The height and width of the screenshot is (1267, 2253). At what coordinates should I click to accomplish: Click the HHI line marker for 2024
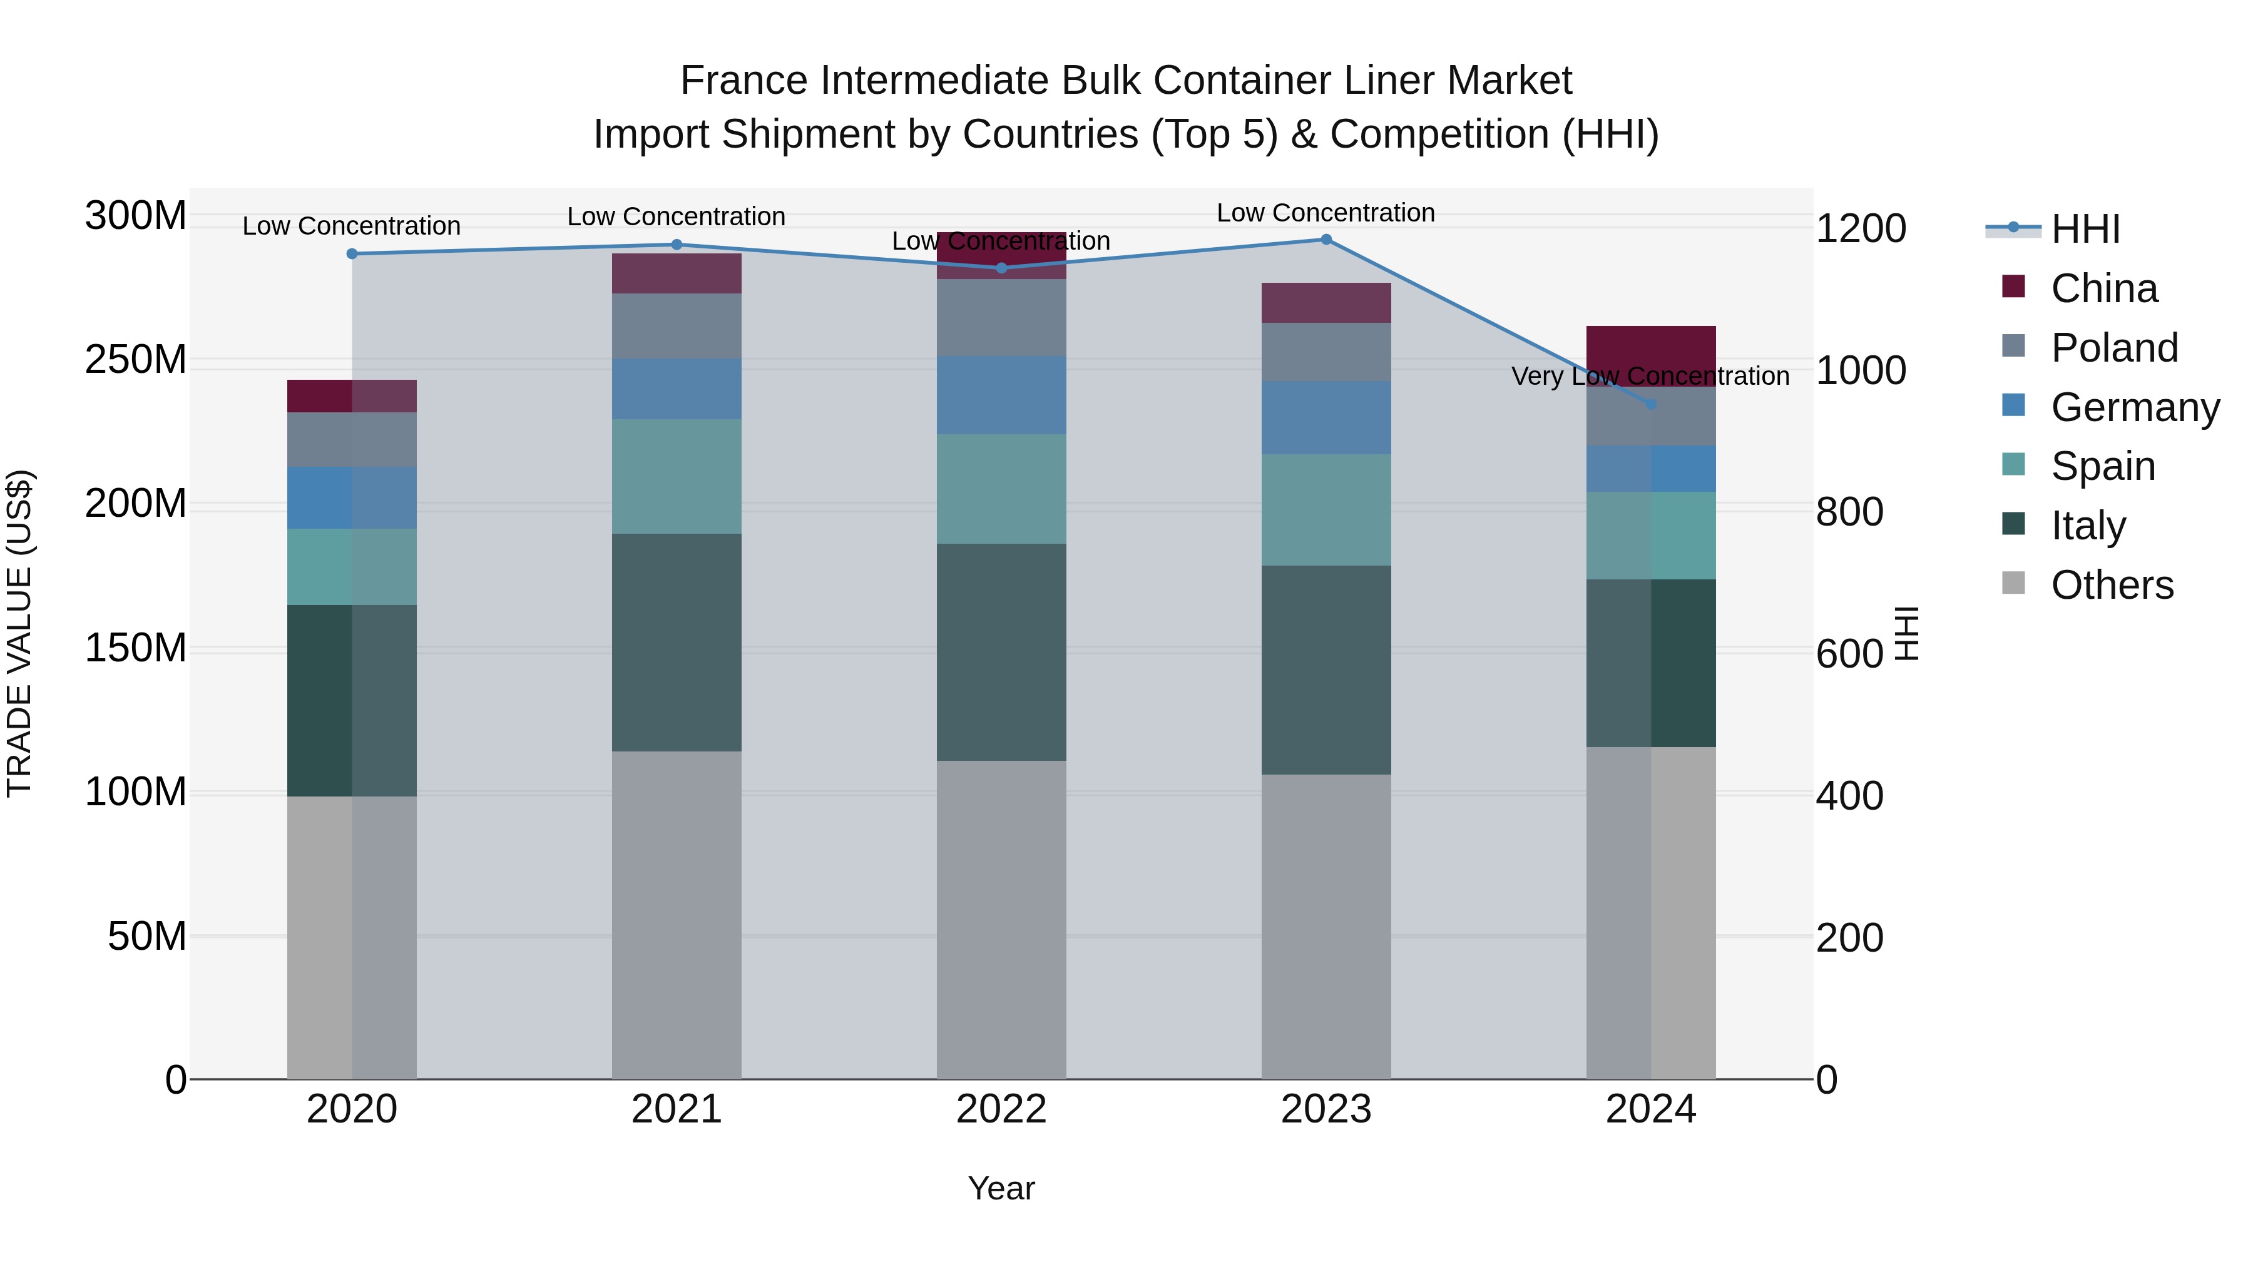(1650, 404)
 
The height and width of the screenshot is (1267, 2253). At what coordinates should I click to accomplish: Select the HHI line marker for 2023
(1326, 240)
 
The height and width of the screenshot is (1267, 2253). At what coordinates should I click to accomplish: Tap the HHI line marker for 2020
(352, 253)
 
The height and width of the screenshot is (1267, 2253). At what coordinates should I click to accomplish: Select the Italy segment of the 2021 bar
(676, 642)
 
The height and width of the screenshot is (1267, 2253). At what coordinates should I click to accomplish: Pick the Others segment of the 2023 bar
(1326, 927)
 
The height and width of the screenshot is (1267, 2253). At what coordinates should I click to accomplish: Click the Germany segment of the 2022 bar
(1001, 395)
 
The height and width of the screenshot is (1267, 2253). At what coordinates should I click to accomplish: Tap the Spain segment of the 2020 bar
(352, 567)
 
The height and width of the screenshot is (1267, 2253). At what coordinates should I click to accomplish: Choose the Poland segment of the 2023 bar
(1326, 352)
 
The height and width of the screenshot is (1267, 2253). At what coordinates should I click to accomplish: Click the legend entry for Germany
(2135, 407)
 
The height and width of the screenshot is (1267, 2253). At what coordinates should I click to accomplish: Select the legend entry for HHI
(2085, 229)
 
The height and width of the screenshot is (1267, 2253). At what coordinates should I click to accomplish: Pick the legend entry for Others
(2112, 585)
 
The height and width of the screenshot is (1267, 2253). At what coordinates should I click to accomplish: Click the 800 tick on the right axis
(1849, 512)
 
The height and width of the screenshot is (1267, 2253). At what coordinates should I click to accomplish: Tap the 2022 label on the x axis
(1001, 1109)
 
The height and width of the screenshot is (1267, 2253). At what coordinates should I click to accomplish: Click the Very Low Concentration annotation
(1650, 376)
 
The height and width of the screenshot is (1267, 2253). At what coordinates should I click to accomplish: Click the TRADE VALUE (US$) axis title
(19, 633)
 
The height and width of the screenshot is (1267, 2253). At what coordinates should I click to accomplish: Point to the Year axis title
(1001, 1188)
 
